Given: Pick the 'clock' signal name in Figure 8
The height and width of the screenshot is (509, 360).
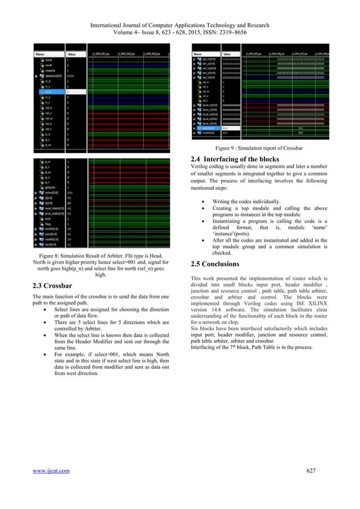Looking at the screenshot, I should click(x=50, y=59).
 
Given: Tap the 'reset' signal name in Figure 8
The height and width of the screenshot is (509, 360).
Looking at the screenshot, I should click(x=50, y=64).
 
